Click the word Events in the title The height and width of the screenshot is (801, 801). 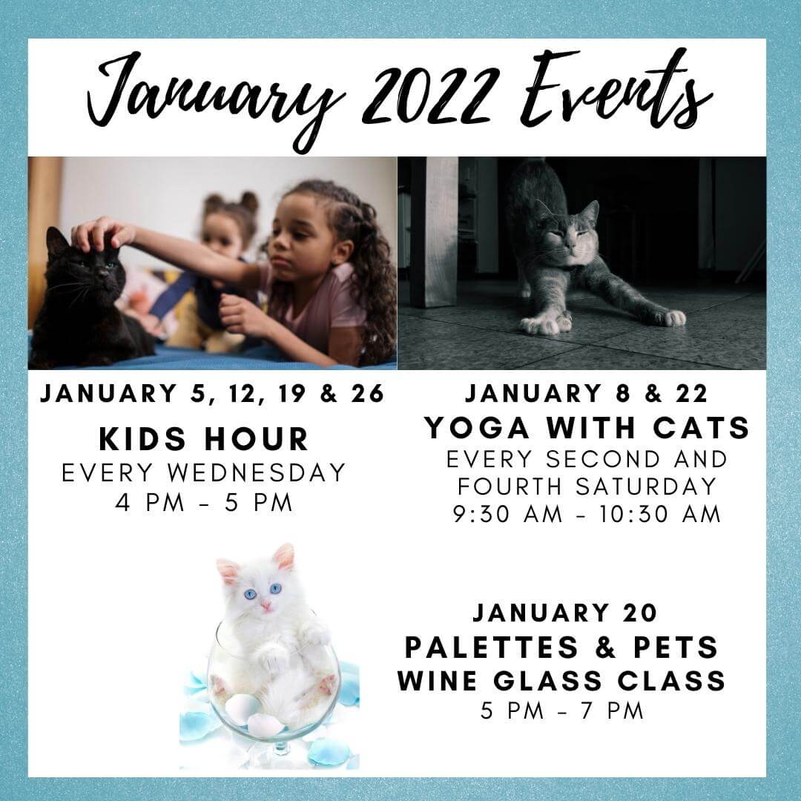click(616, 92)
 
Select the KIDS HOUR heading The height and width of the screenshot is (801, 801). click(204, 439)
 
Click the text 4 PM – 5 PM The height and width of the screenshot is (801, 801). click(204, 503)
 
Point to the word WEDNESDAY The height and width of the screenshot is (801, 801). click(257, 472)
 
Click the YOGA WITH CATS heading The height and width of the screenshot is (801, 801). click(587, 427)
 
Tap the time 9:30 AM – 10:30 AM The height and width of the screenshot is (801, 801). click(587, 514)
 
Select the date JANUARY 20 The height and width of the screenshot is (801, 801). click(565, 613)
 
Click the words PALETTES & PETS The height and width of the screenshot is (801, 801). click(561, 647)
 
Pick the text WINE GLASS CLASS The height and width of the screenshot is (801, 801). click(561, 680)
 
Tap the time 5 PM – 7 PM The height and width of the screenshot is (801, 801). click(562, 711)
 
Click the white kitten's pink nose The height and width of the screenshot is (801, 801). click(266, 606)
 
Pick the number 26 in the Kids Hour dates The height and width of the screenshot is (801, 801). click(367, 394)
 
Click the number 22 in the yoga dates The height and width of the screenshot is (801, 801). click(692, 394)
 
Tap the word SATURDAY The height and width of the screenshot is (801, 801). click(646, 487)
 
